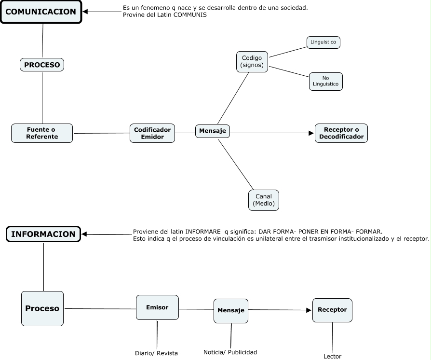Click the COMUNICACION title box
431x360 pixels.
point(41,12)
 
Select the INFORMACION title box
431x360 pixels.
point(43,234)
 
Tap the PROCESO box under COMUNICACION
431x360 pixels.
point(42,65)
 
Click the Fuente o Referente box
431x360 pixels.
point(42,133)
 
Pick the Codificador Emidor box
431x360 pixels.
point(152,133)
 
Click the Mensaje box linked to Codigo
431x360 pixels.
point(213,131)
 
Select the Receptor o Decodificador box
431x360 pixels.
point(341,133)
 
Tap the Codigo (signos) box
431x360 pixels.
point(252,62)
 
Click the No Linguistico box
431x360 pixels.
point(326,81)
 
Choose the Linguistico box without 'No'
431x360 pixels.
point(323,42)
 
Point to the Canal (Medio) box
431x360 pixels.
point(264,200)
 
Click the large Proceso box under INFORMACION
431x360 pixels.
point(42,308)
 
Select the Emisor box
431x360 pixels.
point(157,307)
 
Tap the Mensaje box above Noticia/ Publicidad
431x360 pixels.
point(231,310)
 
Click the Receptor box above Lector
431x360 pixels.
point(332,310)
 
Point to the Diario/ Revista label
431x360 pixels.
point(156,353)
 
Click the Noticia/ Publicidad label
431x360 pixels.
point(230,352)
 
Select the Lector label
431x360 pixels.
point(332,357)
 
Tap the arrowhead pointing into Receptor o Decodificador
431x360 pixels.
point(311,133)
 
